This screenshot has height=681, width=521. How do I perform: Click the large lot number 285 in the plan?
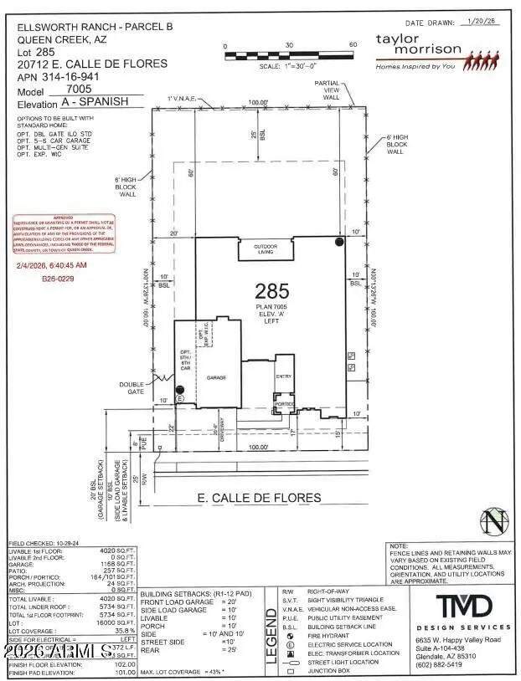(x=271, y=290)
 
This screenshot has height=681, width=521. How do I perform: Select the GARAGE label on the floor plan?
(x=217, y=378)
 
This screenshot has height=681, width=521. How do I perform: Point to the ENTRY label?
(x=284, y=376)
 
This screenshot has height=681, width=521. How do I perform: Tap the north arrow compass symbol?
(x=495, y=523)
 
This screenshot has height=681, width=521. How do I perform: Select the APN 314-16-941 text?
(x=71, y=76)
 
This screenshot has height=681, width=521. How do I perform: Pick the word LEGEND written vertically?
(x=271, y=636)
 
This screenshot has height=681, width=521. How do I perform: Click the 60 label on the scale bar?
(x=353, y=45)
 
